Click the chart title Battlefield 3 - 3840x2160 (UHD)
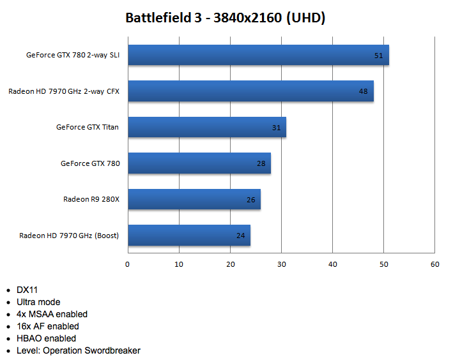226,18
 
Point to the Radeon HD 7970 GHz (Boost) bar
189,236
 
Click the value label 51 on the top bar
378,56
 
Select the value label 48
363,91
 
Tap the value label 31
277,128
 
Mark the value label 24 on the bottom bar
241,236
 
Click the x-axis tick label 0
128,264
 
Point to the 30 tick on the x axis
281,264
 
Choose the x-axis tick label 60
434,264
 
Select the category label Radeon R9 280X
91,199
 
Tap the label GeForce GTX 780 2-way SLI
73,55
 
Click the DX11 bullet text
27,290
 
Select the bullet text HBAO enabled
46,338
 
